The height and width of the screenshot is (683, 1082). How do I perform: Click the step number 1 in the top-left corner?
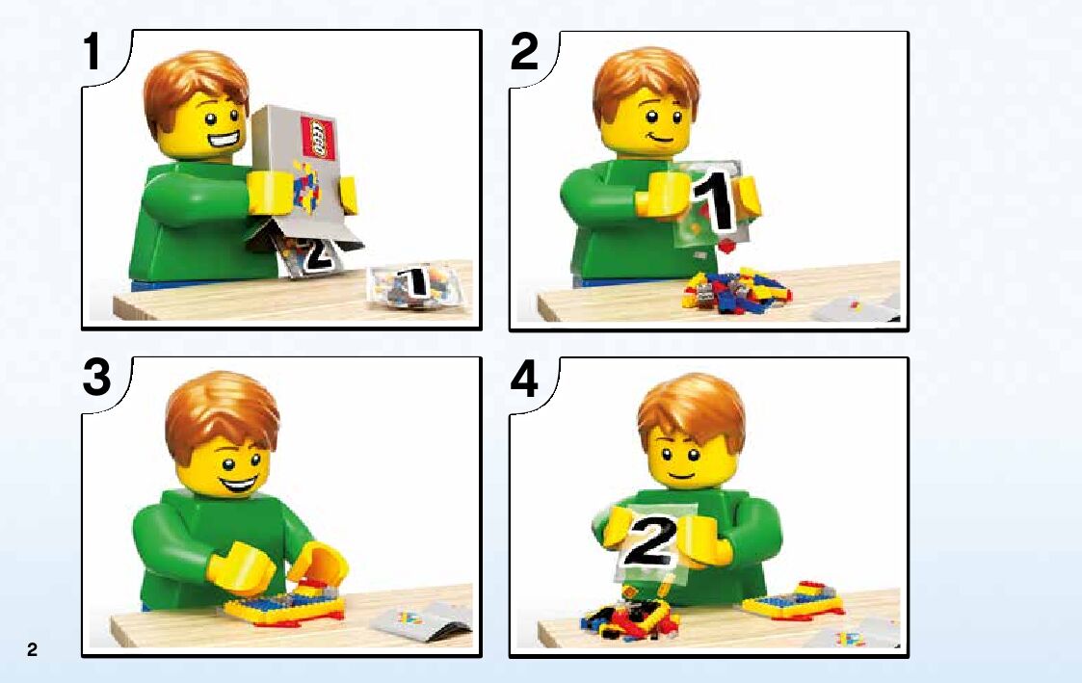click(92, 52)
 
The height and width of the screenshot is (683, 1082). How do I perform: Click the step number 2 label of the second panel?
click(524, 52)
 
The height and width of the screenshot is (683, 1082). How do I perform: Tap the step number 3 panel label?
click(96, 378)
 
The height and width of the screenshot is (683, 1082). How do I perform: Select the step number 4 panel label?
click(524, 380)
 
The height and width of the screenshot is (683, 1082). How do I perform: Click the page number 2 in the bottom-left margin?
click(32, 649)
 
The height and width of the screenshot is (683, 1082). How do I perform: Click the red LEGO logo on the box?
click(317, 138)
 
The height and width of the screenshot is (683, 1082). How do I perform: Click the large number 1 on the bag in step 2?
click(714, 201)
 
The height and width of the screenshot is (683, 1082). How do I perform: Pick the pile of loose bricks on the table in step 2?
click(735, 291)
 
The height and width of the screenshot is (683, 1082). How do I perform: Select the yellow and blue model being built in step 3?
click(284, 605)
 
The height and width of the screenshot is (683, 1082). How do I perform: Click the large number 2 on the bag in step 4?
click(648, 540)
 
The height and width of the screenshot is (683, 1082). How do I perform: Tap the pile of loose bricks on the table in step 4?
click(628, 617)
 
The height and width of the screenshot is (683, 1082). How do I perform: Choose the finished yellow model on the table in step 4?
click(794, 601)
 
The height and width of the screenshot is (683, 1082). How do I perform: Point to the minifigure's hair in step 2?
click(646, 79)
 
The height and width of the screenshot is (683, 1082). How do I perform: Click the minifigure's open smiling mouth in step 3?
click(239, 484)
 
